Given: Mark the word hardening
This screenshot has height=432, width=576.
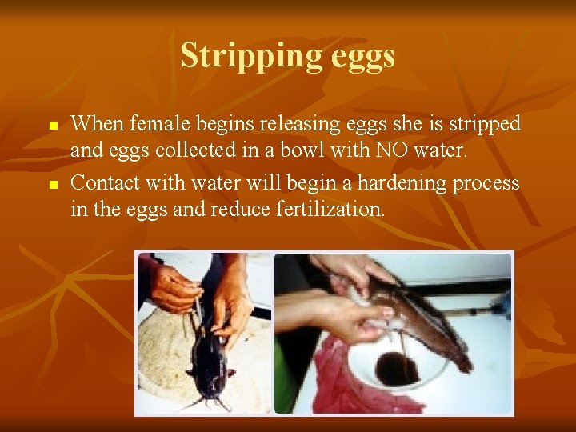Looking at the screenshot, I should (404, 183).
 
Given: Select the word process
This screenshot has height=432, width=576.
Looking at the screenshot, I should (488, 183).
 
